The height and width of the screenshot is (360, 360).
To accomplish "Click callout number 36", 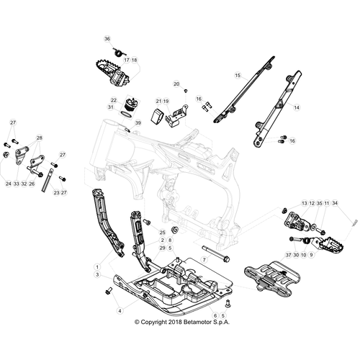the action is [107, 39].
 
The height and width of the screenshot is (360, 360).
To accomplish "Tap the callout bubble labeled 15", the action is [238, 76].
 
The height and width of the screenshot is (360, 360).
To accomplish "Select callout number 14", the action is [297, 107].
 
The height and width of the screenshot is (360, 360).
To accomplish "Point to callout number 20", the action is [176, 84].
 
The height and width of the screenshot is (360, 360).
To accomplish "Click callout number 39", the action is [138, 123].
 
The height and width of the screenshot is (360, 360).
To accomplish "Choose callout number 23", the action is [56, 192].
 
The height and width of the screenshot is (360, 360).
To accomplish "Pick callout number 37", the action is [288, 255].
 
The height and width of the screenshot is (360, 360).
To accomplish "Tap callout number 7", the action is [204, 260].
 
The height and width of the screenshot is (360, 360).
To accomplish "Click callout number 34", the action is [335, 203].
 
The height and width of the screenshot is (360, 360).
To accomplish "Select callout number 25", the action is [163, 233].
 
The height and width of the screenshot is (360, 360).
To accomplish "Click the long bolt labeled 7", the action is [216, 253].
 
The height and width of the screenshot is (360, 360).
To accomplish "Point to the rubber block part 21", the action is [157, 116].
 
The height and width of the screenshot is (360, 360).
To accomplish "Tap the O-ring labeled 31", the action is [126, 114].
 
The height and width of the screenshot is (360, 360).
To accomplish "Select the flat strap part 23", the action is [47, 180].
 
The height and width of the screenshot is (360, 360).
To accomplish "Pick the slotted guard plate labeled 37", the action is [272, 279].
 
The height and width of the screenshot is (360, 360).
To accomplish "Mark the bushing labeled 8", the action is [175, 230].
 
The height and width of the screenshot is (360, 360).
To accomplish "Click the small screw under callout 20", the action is [186, 91].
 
